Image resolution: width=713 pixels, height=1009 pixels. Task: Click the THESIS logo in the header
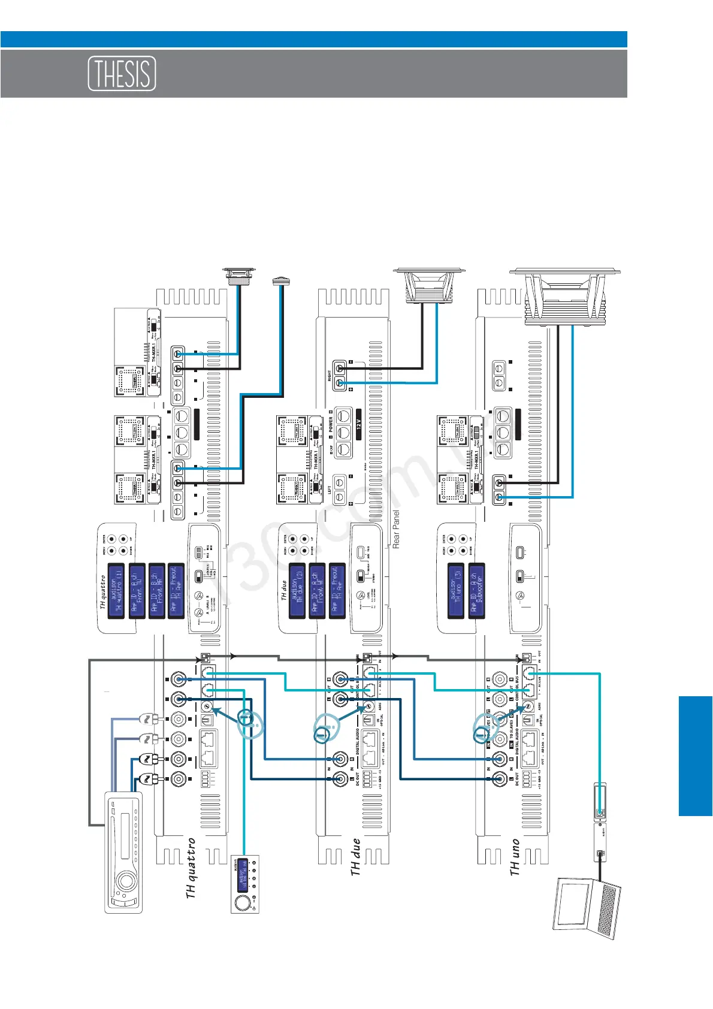coord(122,74)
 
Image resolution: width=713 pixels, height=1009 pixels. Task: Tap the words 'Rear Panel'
coord(396,530)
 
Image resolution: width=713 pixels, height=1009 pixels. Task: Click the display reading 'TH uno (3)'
coord(456,590)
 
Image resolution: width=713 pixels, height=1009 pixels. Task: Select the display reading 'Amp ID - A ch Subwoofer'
coord(477,590)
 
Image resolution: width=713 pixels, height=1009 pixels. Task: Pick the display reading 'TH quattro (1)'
coord(116,590)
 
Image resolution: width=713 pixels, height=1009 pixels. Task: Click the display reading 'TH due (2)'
coord(298,590)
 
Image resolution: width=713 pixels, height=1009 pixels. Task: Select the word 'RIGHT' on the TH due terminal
coord(330,376)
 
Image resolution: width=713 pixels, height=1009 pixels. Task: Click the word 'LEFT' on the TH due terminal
coord(330,489)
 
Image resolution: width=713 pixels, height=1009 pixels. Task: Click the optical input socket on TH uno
coord(527,721)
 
